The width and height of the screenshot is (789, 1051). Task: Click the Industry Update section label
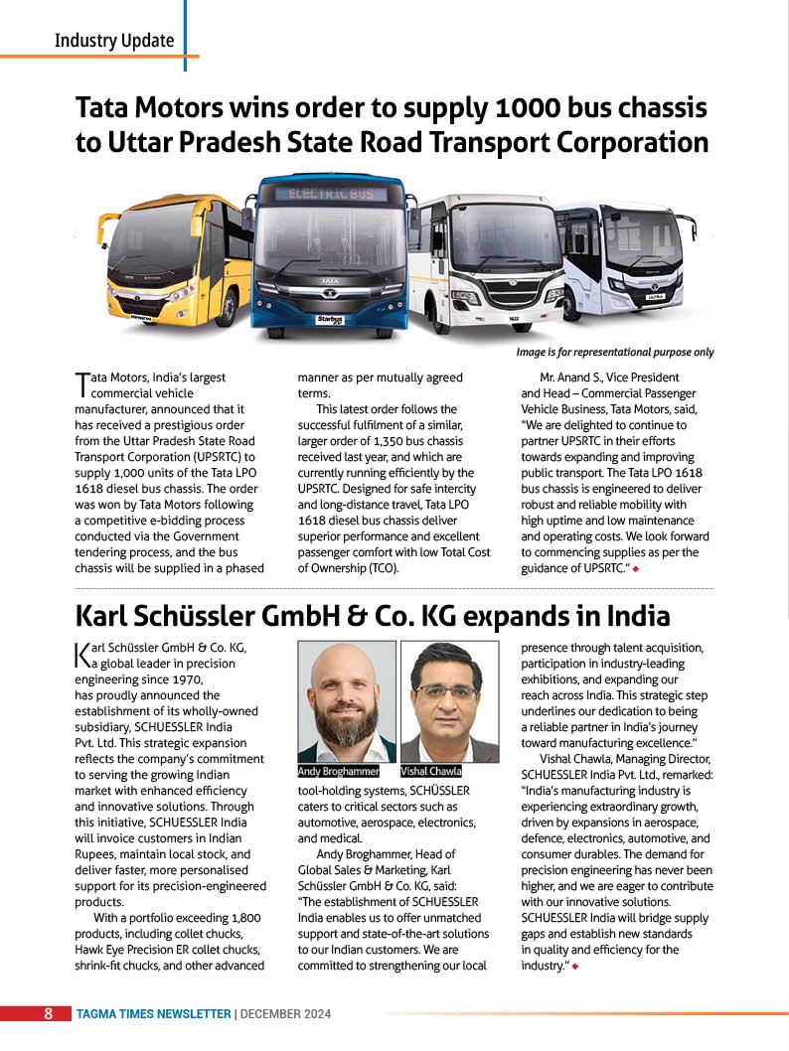coord(113,41)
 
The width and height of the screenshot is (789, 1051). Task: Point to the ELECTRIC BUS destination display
coord(331,193)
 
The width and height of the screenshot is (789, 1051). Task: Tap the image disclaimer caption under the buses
coord(614,352)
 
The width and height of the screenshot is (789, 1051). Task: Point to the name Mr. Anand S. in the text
coord(569,377)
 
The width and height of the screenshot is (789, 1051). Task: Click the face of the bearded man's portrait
coord(347,694)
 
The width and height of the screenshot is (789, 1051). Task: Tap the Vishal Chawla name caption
coord(431,771)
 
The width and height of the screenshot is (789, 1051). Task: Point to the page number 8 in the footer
coord(48,1014)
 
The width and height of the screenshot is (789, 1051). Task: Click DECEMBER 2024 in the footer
coord(285,1014)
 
